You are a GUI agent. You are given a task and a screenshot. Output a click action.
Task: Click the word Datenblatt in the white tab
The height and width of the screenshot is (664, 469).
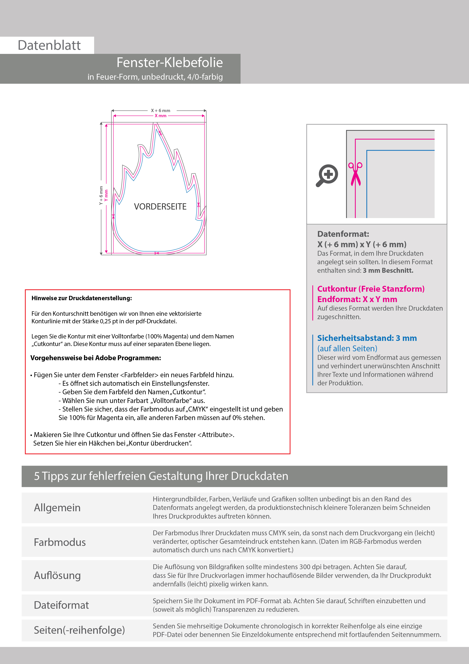49,45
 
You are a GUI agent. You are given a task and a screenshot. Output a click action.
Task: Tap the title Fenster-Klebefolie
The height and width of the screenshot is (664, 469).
170,62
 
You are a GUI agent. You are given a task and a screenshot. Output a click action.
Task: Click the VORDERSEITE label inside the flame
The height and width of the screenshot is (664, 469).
160,207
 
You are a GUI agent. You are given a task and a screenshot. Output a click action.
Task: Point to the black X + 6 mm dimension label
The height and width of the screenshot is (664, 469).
161,111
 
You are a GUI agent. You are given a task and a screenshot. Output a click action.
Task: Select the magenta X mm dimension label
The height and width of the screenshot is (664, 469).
161,116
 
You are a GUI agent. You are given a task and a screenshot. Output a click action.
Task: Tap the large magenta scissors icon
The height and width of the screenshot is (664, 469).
355,174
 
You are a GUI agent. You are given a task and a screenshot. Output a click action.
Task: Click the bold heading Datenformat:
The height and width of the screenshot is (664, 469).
343,234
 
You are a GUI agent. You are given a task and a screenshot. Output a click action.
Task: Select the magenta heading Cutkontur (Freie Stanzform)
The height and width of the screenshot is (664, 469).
371,289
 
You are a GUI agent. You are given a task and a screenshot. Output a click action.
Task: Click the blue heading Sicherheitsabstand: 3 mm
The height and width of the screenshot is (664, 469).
367,338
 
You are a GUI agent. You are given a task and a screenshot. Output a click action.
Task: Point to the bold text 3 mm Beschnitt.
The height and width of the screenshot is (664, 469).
388,270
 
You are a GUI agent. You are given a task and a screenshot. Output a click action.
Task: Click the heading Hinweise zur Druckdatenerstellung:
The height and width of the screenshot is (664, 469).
82,298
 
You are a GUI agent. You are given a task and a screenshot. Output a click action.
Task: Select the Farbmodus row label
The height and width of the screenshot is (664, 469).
60,542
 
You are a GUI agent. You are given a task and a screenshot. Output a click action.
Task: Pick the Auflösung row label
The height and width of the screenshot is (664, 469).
57,575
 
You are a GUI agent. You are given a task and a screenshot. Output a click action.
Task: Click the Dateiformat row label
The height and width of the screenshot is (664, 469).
61,605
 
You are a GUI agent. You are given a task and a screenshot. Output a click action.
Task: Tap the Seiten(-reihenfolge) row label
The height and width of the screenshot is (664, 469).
79,630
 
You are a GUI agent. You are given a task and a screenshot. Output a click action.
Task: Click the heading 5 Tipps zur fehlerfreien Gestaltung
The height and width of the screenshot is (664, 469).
161,476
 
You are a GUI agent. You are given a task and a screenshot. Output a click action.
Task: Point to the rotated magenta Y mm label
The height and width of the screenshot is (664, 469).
106,196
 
